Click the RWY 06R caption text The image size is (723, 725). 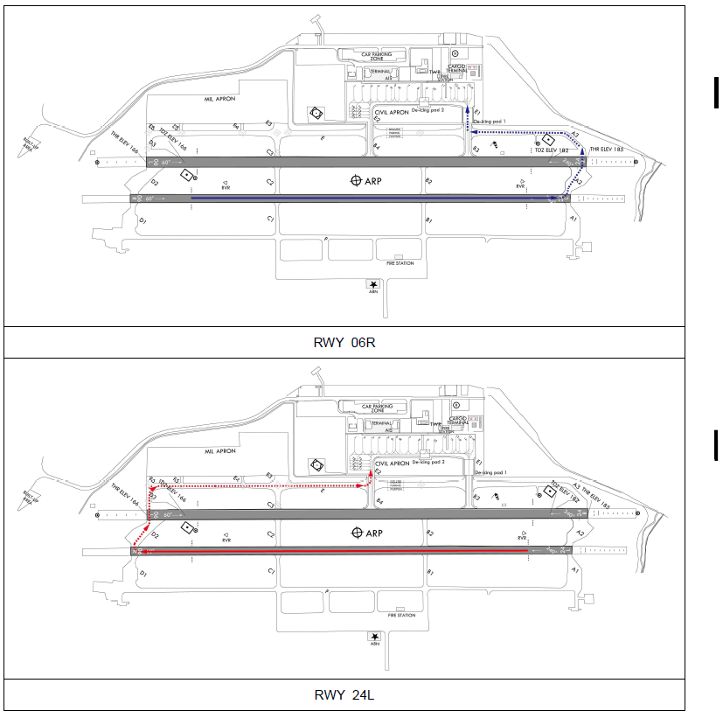(x=344, y=342)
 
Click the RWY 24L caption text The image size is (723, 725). (x=344, y=695)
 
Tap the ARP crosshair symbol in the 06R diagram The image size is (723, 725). (x=356, y=181)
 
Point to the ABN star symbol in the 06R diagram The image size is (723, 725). (x=373, y=284)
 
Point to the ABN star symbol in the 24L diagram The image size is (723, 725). (x=375, y=637)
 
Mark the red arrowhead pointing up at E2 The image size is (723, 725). (x=371, y=472)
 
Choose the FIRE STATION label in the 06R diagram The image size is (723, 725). (x=400, y=262)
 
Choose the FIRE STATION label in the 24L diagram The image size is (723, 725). (x=401, y=615)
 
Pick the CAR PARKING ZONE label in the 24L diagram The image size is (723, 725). (x=384, y=408)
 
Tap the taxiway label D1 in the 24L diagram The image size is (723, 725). (x=143, y=573)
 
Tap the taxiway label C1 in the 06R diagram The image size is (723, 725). (x=271, y=217)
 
